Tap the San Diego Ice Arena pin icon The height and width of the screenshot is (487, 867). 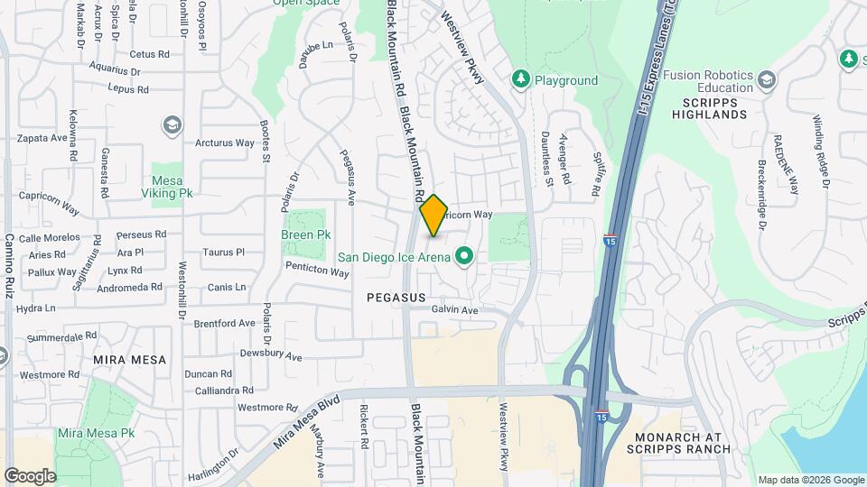[x=465, y=257]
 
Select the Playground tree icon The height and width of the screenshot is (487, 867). [x=521, y=80]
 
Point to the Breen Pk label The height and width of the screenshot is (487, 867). [x=305, y=234]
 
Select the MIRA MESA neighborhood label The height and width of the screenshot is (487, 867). [x=130, y=359]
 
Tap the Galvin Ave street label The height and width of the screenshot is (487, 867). [x=454, y=309]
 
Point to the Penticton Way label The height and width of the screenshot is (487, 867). [x=316, y=271]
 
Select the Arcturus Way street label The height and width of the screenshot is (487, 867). [x=225, y=142]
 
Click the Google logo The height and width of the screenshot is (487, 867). [x=30, y=476]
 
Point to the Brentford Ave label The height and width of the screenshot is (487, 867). [x=224, y=323]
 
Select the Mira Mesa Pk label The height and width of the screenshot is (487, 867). [x=96, y=433]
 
